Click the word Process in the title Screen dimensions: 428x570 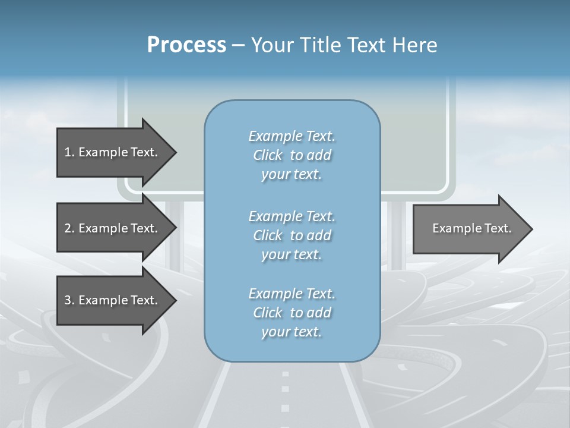click(186, 45)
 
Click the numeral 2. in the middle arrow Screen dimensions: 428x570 click(69, 228)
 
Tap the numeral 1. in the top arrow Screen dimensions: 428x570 click(69, 152)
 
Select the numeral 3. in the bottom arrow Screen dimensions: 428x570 click(69, 300)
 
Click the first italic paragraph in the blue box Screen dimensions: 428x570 click(292, 155)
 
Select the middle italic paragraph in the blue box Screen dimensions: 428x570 click(292, 235)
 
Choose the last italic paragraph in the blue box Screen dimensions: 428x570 click(292, 313)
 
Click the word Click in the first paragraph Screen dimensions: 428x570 click(268, 155)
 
